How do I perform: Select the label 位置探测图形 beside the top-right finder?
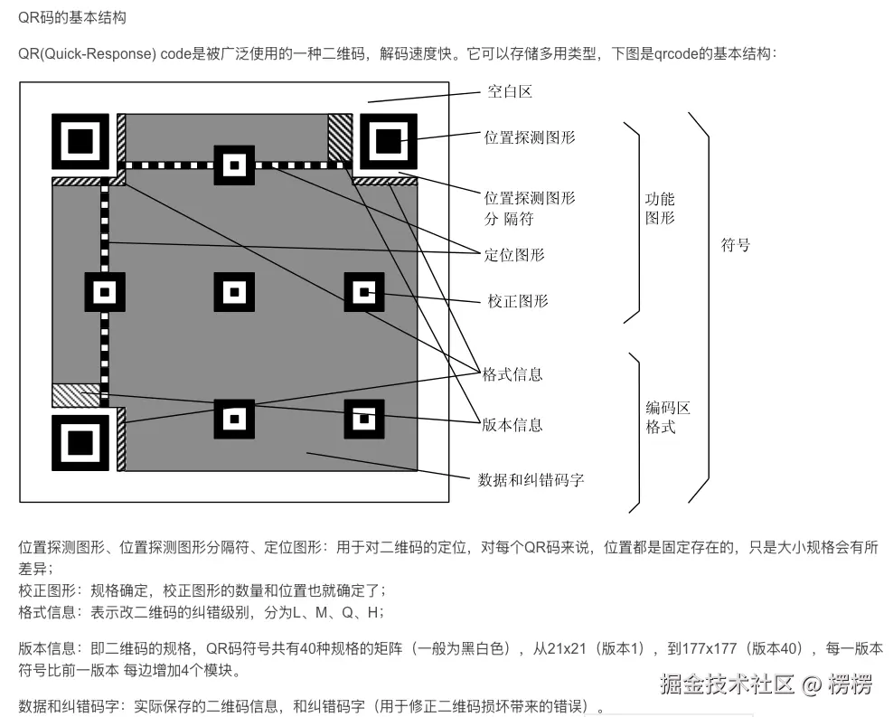point(530,137)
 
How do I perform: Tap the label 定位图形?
point(514,255)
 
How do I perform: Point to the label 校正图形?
point(518,301)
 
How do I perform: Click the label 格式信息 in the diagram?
point(512,374)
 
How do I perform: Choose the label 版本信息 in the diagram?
point(512,424)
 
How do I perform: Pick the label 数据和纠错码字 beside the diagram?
point(531,479)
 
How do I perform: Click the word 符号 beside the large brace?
point(735,245)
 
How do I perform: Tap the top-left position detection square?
point(80,141)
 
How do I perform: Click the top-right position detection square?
point(389,141)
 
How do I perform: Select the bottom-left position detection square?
point(80,443)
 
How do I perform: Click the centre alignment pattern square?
point(233,292)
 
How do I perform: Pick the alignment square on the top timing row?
point(233,165)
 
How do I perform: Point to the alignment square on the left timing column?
point(104,292)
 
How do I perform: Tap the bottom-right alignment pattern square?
point(364,419)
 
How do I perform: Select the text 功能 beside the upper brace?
point(660,199)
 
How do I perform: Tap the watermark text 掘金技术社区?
point(727,684)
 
